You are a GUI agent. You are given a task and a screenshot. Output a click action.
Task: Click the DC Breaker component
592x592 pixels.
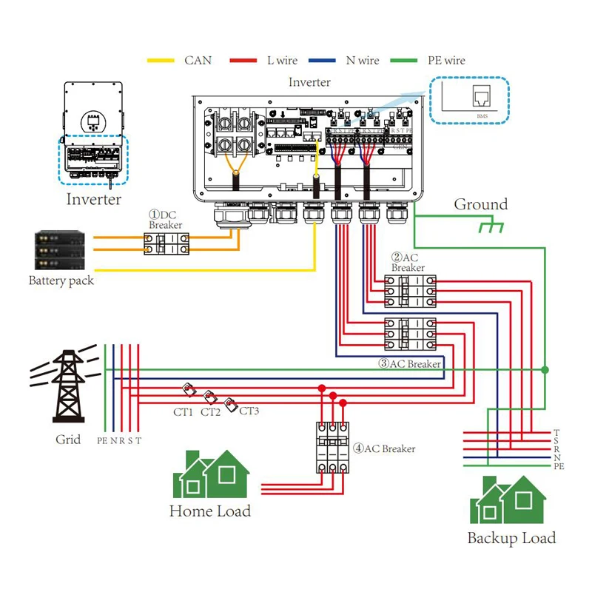(x=166, y=243)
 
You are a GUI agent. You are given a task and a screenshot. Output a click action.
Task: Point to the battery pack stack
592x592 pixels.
(x=59, y=252)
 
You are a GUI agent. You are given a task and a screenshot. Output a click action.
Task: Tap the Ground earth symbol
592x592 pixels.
(x=490, y=225)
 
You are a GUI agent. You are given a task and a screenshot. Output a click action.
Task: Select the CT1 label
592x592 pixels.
(x=183, y=412)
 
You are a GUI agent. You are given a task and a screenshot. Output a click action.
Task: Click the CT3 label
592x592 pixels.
(x=249, y=411)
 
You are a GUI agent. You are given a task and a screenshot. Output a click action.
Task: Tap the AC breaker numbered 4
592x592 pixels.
(x=332, y=448)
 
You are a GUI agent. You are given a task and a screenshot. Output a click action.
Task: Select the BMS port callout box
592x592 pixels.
(x=469, y=101)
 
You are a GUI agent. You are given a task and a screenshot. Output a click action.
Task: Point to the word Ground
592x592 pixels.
(x=481, y=204)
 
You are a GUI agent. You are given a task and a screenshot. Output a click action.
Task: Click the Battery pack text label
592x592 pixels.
(x=61, y=280)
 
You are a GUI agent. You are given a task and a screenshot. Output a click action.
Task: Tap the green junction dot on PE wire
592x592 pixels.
(x=545, y=369)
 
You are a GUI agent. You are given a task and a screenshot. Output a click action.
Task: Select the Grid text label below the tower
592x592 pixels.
(x=68, y=440)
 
